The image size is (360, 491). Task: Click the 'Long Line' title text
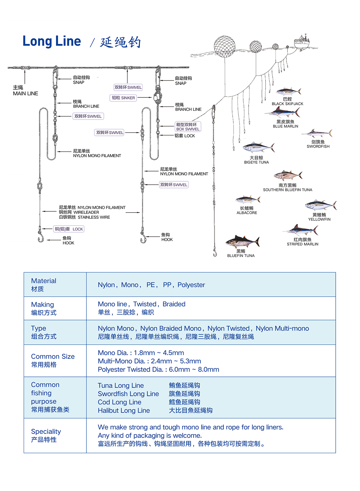point(52,41)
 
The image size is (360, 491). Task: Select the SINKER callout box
point(123,98)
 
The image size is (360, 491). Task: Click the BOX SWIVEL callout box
point(188,127)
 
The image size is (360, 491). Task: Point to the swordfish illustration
point(317,133)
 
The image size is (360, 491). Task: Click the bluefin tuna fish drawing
point(243,241)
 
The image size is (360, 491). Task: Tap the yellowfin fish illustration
point(321,206)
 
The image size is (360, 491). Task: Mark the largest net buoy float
point(225,46)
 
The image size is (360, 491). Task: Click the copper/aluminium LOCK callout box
point(69,229)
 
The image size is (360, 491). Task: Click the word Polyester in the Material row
point(191,285)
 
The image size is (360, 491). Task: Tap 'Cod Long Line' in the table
point(119,402)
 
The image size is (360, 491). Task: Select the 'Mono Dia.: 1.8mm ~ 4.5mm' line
point(141,353)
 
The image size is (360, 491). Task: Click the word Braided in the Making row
point(174,304)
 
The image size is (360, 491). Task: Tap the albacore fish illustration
point(248,200)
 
